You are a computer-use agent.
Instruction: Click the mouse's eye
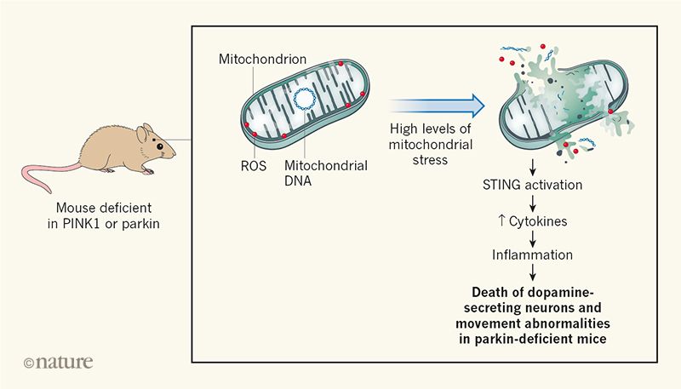click(160, 146)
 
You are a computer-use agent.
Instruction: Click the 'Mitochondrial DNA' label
click(325, 173)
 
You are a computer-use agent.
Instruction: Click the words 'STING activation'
click(533, 186)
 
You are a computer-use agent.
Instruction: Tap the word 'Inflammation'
click(533, 255)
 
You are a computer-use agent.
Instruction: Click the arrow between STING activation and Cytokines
click(533, 203)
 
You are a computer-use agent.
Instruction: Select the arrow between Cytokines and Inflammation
click(533, 237)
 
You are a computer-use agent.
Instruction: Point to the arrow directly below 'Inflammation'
click(533, 272)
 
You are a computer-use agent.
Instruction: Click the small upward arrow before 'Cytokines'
click(502, 220)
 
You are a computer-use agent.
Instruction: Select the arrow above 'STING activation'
click(533, 167)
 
